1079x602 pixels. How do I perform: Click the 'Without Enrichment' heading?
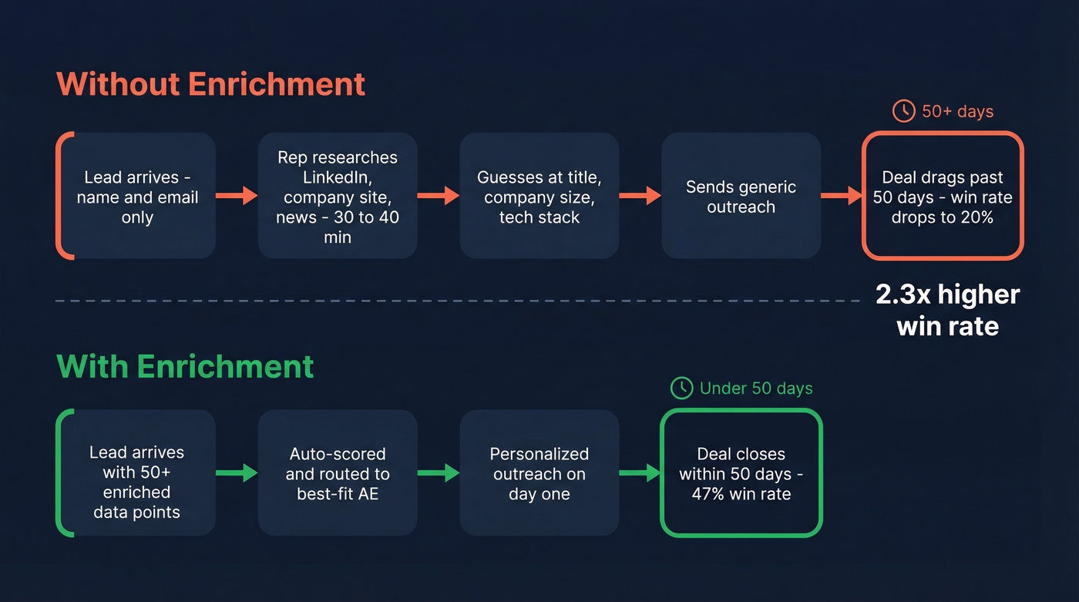click(x=210, y=84)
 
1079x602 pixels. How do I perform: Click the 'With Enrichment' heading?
click(x=185, y=366)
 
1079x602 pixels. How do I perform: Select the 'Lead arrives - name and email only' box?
click(x=137, y=197)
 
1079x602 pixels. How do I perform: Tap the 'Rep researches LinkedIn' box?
click(x=338, y=197)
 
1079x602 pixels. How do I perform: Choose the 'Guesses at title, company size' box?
click(x=539, y=197)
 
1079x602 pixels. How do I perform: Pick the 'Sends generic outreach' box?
click(x=741, y=197)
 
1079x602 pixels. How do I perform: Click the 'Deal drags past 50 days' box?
click(x=942, y=197)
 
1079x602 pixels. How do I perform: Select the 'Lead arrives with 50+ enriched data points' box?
click(x=136, y=473)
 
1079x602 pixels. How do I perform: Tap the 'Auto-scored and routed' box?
click(x=338, y=473)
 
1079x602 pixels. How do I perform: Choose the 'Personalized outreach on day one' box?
click(x=539, y=473)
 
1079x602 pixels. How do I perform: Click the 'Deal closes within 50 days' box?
click(x=741, y=473)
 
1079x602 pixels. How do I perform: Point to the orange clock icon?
click(x=903, y=111)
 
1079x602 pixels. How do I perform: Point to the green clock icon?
click(x=681, y=388)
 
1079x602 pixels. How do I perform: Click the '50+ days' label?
click(x=957, y=112)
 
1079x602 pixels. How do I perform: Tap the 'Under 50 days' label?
click(x=755, y=388)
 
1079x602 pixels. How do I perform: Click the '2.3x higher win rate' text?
click(x=947, y=310)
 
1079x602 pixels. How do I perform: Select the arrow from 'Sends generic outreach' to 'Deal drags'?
click(x=841, y=196)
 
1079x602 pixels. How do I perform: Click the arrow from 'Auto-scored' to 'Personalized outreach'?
click(x=439, y=473)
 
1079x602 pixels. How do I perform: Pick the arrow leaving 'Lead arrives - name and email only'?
click(x=237, y=196)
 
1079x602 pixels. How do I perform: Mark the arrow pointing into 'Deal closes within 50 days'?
click(x=640, y=473)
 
